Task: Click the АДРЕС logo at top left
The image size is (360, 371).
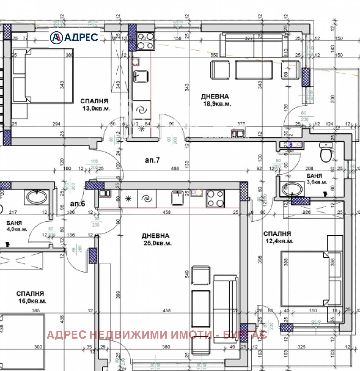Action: point(74,37)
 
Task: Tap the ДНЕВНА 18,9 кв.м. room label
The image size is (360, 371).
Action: point(215,100)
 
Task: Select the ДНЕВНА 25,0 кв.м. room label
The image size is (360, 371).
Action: point(156,239)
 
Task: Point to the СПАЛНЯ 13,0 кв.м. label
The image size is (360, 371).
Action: point(94,105)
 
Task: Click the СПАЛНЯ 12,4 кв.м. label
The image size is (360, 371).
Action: point(278,237)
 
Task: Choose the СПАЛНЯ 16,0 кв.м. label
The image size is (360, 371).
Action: point(31,297)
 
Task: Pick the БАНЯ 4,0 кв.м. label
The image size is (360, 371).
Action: point(17,226)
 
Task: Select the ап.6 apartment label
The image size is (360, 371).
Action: point(77,204)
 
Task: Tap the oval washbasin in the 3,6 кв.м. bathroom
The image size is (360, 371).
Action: point(293,189)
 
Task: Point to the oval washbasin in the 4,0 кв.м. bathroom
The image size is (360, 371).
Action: point(36,197)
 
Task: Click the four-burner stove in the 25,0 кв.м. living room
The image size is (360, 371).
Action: point(215,199)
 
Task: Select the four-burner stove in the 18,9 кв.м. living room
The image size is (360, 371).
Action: point(145,41)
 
